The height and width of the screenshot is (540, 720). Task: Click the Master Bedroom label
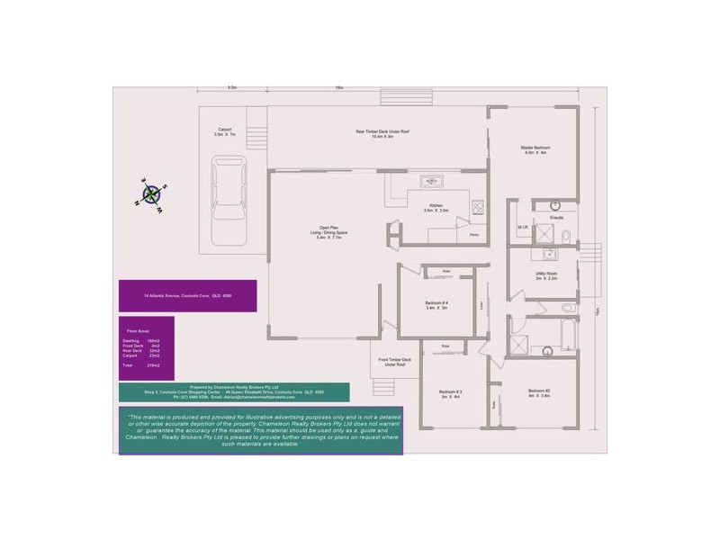click(535, 150)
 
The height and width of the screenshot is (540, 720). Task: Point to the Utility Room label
click(546, 274)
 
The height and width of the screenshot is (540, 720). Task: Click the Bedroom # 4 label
click(436, 306)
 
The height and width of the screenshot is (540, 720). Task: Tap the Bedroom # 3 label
click(450, 393)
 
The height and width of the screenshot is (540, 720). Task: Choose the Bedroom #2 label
click(540, 392)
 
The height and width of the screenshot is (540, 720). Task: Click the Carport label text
click(224, 131)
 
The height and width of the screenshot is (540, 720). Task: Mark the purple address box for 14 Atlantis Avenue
click(187, 295)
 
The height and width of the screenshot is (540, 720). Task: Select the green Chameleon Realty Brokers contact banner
click(234, 392)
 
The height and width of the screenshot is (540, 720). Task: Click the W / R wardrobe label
click(522, 227)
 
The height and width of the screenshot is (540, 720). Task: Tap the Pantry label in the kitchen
click(473, 234)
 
